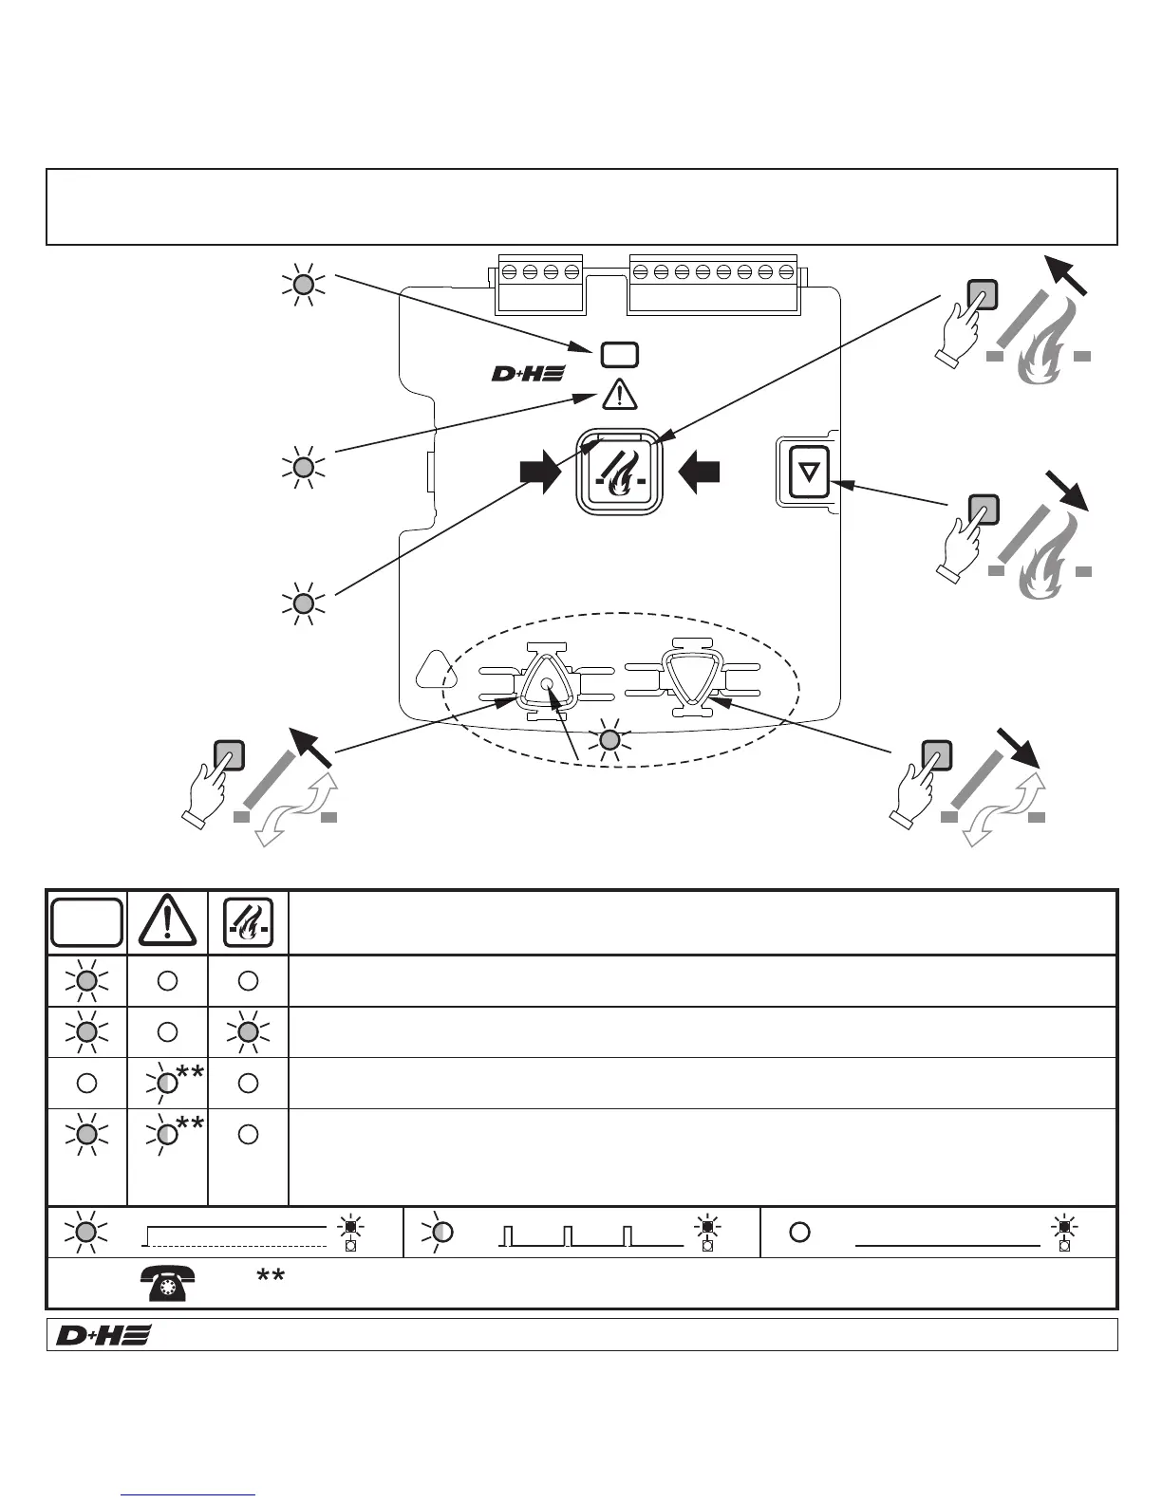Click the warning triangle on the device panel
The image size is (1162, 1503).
pos(620,392)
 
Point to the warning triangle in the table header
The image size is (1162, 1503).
pos(167,922)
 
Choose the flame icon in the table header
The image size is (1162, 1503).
pos(248,922)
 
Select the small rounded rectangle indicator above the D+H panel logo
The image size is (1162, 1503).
pos(619,355)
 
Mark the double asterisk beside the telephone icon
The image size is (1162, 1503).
pos(271,1278)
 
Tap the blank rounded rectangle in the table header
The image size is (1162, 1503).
pos(86,921)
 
